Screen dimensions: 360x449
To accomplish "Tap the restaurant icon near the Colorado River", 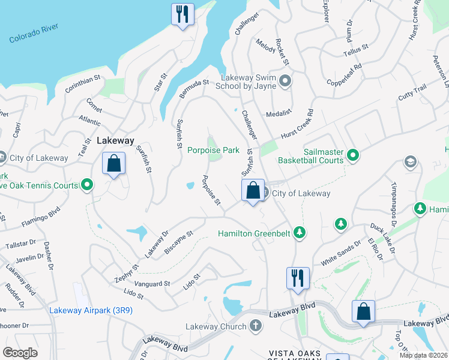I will (x=182, y=14).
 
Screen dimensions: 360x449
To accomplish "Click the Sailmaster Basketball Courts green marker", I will (x=354, y=155).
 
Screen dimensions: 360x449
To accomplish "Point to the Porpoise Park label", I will (x=213, y=150).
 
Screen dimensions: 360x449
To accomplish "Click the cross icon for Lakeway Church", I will (x=256, y=326).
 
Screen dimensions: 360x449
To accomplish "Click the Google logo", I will (x=20, y=352).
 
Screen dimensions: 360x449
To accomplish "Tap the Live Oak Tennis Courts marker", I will (x=88, y=185).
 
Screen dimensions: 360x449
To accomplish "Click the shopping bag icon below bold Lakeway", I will (x=113, y=163).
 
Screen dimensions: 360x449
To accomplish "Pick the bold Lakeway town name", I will (x=115, y=140).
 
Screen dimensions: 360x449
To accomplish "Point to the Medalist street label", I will (x=279, y=113).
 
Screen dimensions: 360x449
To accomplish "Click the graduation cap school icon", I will (x=411, y=162).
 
